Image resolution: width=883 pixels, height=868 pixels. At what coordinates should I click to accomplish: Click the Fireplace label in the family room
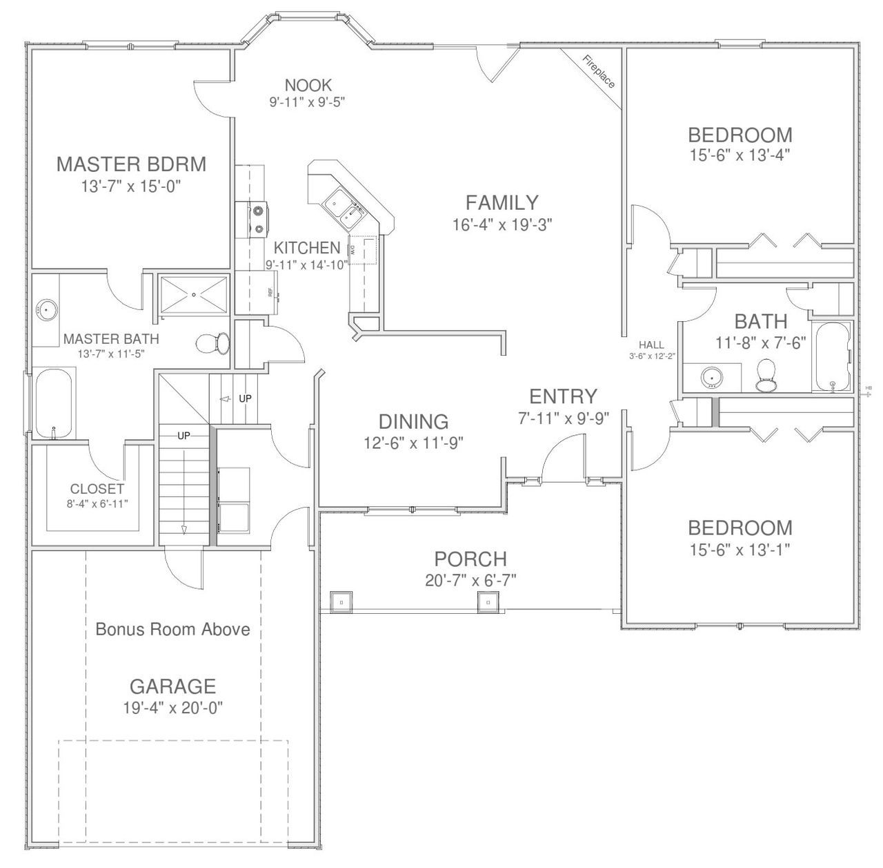coord(598,72)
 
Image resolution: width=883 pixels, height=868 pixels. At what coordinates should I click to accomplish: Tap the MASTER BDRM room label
coord(131,164)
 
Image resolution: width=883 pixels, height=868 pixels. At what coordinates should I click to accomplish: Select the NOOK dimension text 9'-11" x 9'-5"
coord(307,102)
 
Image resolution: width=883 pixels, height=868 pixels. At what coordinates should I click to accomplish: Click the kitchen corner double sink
coord(343,209)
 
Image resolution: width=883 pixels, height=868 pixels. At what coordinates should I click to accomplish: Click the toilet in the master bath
coord(214,343)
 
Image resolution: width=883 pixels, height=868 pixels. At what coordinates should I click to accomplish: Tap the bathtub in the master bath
coord(54,403)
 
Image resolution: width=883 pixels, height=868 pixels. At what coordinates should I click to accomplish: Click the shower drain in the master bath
coord(194,295)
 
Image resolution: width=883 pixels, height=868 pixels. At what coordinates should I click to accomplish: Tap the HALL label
coord(651,345)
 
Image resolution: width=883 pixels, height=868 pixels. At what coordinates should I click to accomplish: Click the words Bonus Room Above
coord(172,629)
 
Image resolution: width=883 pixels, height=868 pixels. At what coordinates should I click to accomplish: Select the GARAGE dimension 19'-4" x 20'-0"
coord(172,708)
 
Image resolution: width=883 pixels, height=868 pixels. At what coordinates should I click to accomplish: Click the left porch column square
coord(341,601)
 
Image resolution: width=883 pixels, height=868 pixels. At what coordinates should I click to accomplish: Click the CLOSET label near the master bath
coord(97,489)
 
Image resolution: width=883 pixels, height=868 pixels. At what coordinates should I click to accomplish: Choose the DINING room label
coord(413,421)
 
